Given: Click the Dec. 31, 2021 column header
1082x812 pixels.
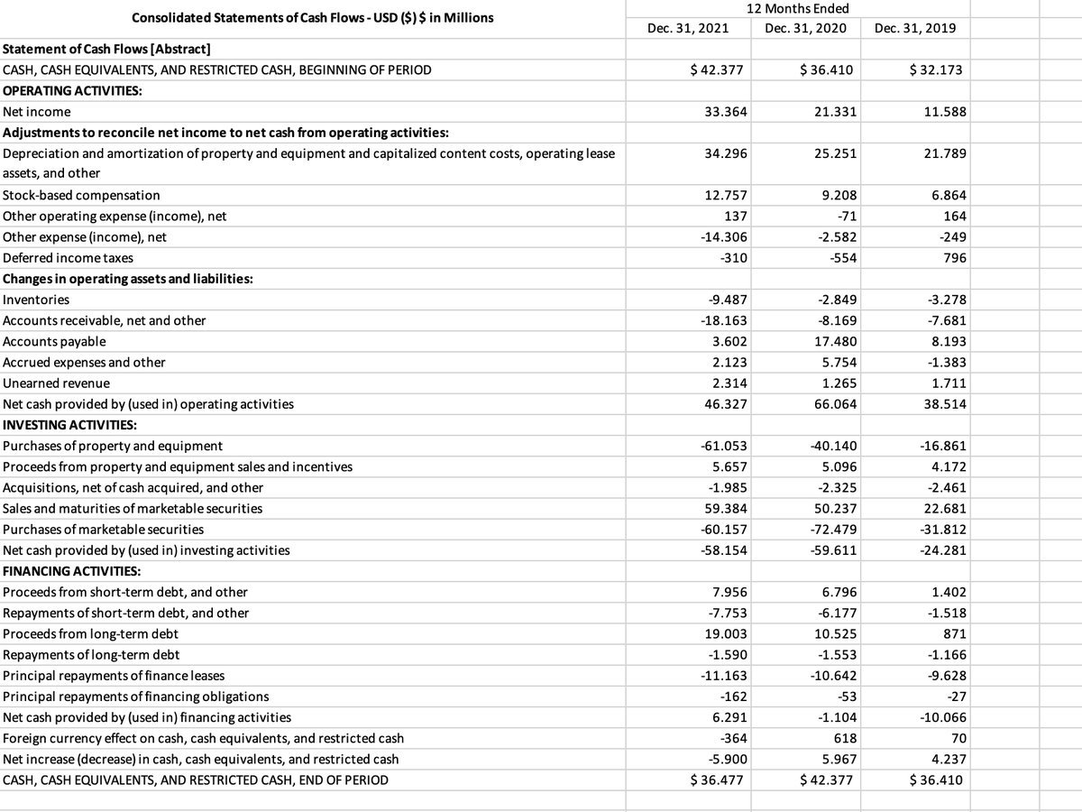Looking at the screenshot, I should (x=688, y=28).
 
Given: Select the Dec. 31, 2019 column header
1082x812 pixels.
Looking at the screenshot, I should (x=915, y=28).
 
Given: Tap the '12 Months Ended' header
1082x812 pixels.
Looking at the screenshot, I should (x=804, y=9).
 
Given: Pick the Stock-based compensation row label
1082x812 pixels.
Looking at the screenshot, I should (x=82, y=195).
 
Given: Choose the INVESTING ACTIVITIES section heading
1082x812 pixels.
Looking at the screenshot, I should (x=70, y=424).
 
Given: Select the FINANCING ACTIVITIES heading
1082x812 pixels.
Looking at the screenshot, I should (x=72, y=571).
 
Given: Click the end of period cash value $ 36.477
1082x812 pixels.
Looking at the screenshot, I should (x=719, y=780).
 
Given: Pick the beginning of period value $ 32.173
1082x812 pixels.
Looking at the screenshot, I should (x=938, y=69).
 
